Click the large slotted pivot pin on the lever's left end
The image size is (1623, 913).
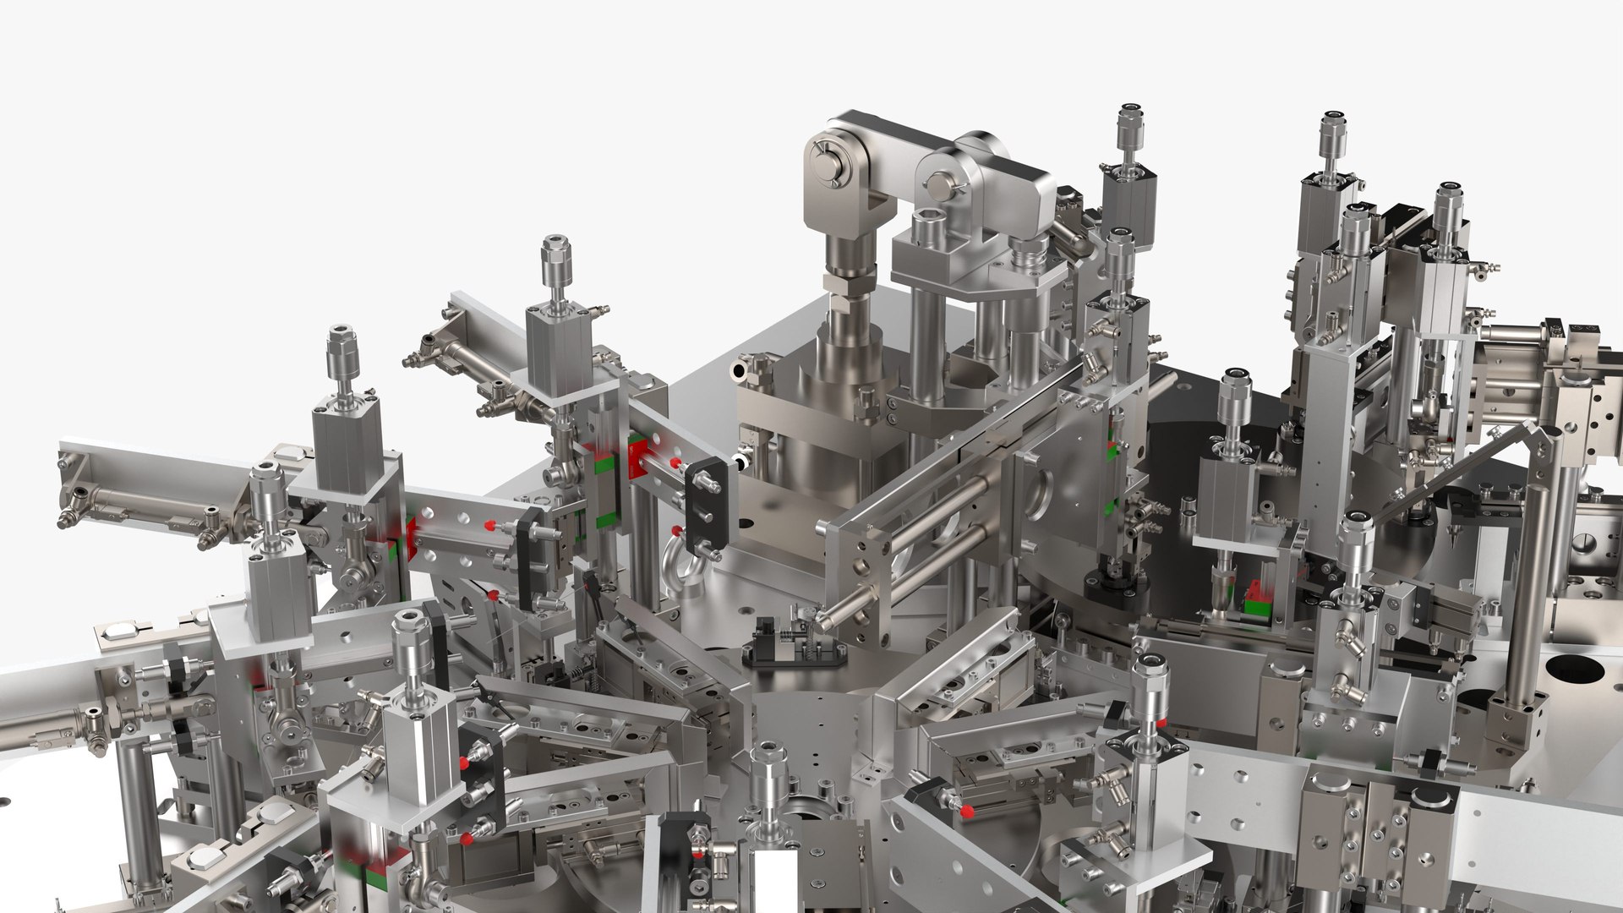click(x=825, y=161)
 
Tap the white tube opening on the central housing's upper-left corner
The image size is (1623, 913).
click(x=741, y=369)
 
